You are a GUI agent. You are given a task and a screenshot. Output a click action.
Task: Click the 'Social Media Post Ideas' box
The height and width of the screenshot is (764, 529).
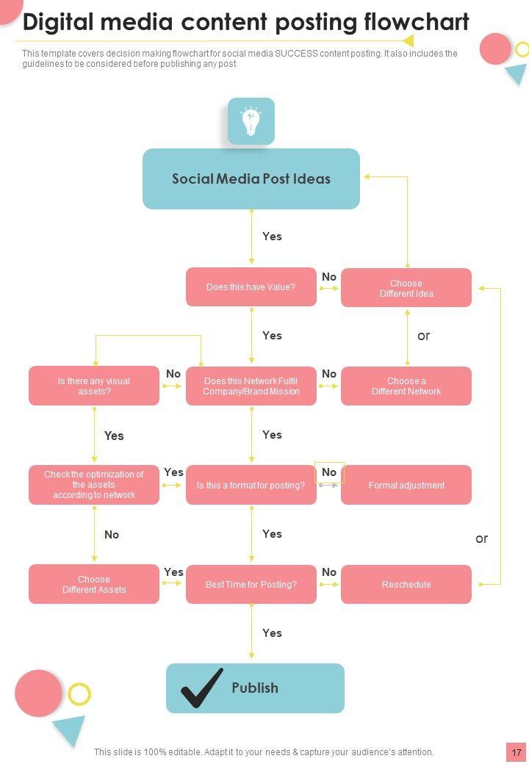[x=251, y=179]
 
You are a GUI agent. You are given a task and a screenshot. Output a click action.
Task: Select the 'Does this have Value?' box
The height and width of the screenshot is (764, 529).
[x=251, y=286]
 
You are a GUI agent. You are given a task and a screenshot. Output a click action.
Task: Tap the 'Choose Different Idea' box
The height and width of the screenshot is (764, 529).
[x=406, y=288]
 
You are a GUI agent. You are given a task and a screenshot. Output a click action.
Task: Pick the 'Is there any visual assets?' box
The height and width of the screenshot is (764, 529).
[x=94, y=386]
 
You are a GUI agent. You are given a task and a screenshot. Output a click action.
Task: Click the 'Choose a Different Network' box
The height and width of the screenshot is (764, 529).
[x=406, y=386]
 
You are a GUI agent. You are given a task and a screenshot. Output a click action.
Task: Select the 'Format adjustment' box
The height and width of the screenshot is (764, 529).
[x=406, y=485]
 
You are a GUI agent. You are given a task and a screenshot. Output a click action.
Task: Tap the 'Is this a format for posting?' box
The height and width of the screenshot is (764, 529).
[x=251, y=485]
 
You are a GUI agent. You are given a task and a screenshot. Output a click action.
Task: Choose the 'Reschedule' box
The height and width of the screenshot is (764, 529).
[x=406, y=584]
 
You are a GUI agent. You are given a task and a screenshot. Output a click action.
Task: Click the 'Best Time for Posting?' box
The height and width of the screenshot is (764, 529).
[x=251, y=584]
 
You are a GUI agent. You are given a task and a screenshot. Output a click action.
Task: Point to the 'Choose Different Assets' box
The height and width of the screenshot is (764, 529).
[x=94, y=584]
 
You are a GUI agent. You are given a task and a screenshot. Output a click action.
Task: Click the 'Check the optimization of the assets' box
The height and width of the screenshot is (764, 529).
[x=94, y=485]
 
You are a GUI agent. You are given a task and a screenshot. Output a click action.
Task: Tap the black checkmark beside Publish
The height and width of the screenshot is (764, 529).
[x=202, y=688]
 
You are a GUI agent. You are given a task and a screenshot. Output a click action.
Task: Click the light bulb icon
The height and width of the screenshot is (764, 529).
[x=251, y=121]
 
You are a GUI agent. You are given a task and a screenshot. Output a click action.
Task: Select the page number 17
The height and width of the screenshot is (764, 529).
[x=517, y=752]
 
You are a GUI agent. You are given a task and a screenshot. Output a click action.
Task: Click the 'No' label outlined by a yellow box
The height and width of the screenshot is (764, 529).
[x=329, y=472]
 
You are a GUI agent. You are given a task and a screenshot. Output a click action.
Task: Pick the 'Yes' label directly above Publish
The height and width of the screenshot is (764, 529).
[x=272, y=633]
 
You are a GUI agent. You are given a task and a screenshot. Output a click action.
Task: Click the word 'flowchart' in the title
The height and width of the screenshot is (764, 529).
[x=417, y=22]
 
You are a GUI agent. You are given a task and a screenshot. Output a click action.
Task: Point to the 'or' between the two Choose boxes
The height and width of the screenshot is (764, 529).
[x=423, y=336]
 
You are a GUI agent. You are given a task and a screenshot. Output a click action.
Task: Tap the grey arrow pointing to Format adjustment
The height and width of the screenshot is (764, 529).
[x=328, y=485]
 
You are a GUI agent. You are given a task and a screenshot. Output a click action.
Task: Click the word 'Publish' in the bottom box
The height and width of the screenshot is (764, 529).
[x=255, y=688]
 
